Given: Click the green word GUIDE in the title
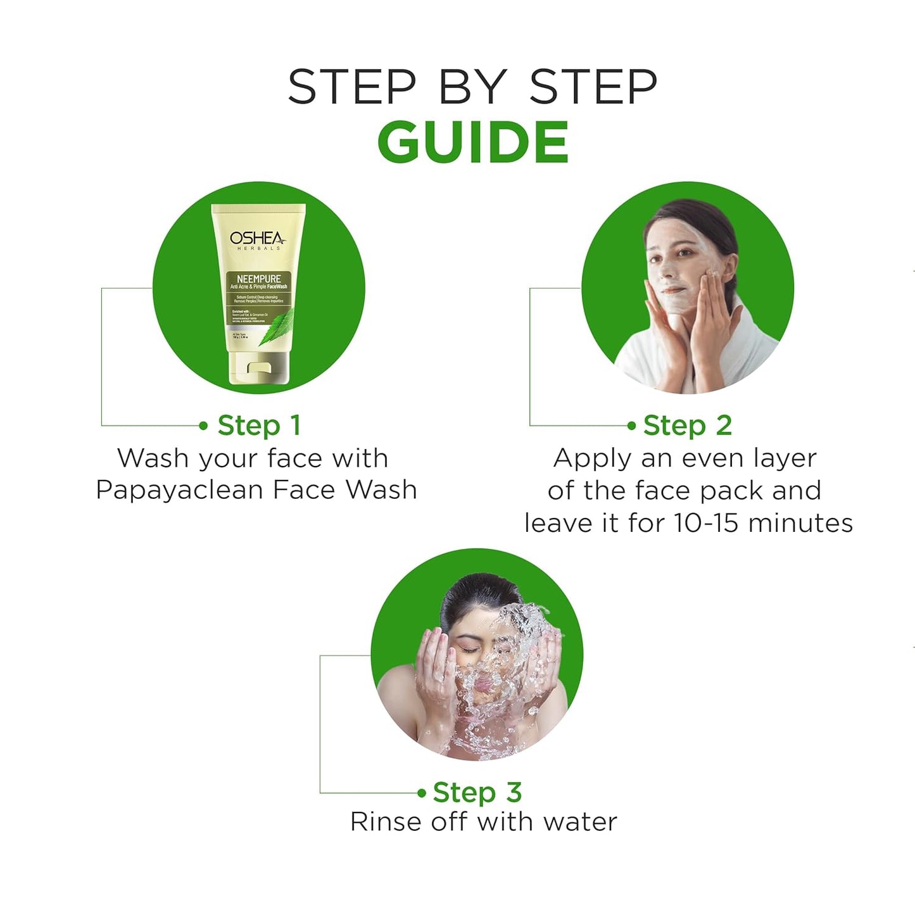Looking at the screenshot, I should point(473,142).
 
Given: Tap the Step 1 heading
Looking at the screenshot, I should point(258,426).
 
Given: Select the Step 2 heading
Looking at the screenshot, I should point(688,426).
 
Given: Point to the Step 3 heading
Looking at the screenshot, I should point(477,792).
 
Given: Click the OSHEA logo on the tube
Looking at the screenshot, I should point(257,239).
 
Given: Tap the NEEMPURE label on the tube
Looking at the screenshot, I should point(258,279).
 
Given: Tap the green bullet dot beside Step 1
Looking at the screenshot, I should point(203,426).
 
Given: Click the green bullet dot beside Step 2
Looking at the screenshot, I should point(631,426).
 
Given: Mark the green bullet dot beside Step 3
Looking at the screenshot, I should point(422,792).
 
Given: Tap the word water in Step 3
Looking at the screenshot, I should point(579,822).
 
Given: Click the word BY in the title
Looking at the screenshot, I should point(472,87).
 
